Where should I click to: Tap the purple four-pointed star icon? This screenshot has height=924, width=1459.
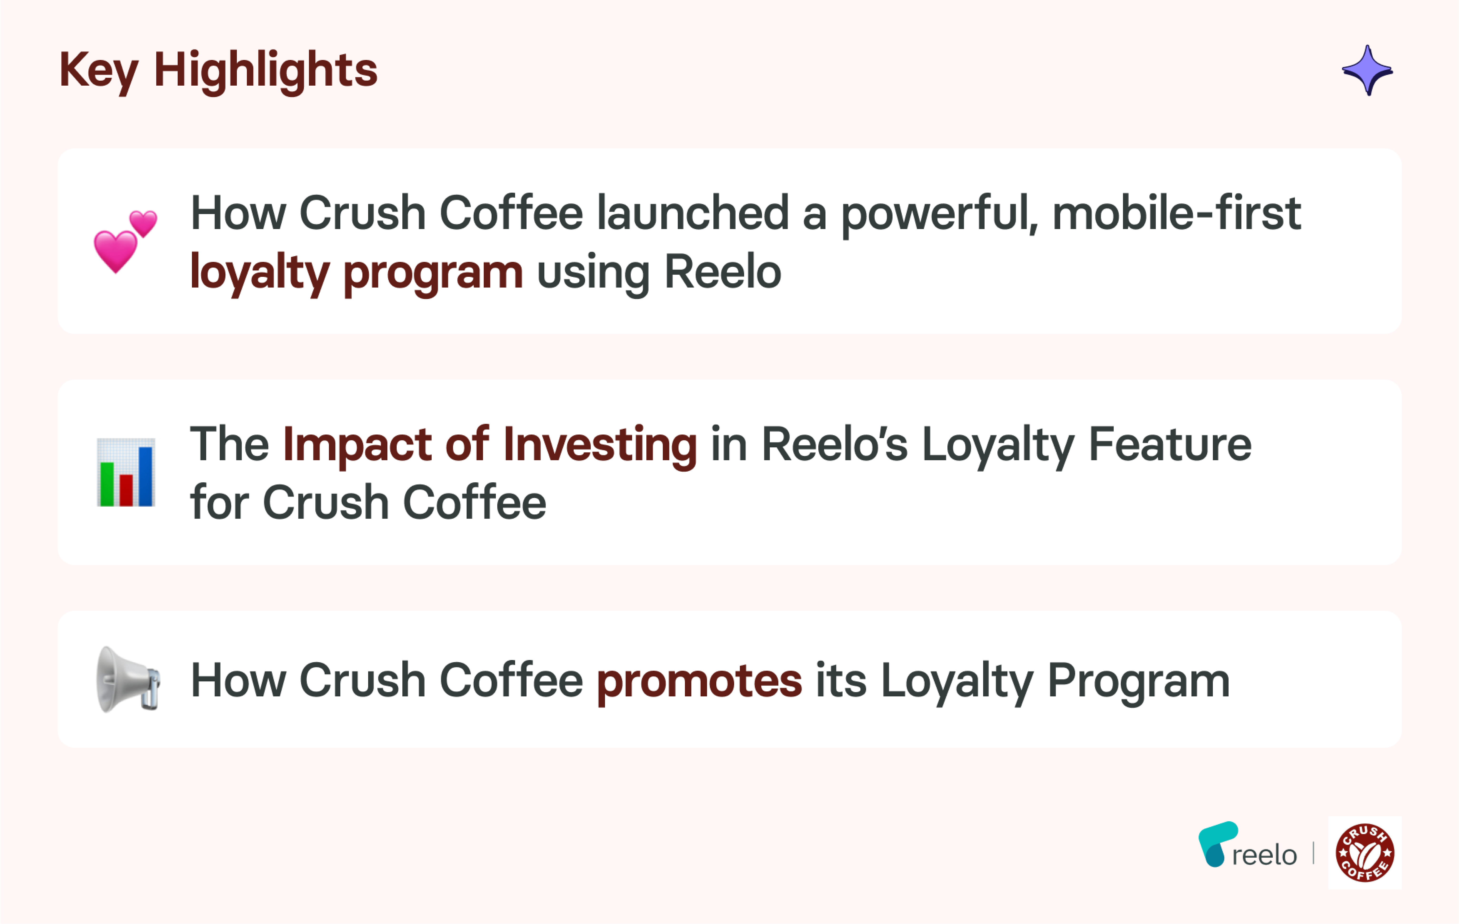[x=1367, y=70]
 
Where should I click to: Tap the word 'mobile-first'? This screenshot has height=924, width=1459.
[x=1177, y=213]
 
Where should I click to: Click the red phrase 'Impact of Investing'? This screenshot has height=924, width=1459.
[x=490, y=445]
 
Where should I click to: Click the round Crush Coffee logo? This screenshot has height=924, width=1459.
[x=1365, y=852]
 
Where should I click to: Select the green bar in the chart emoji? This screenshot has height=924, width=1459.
[x=107, y=484]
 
